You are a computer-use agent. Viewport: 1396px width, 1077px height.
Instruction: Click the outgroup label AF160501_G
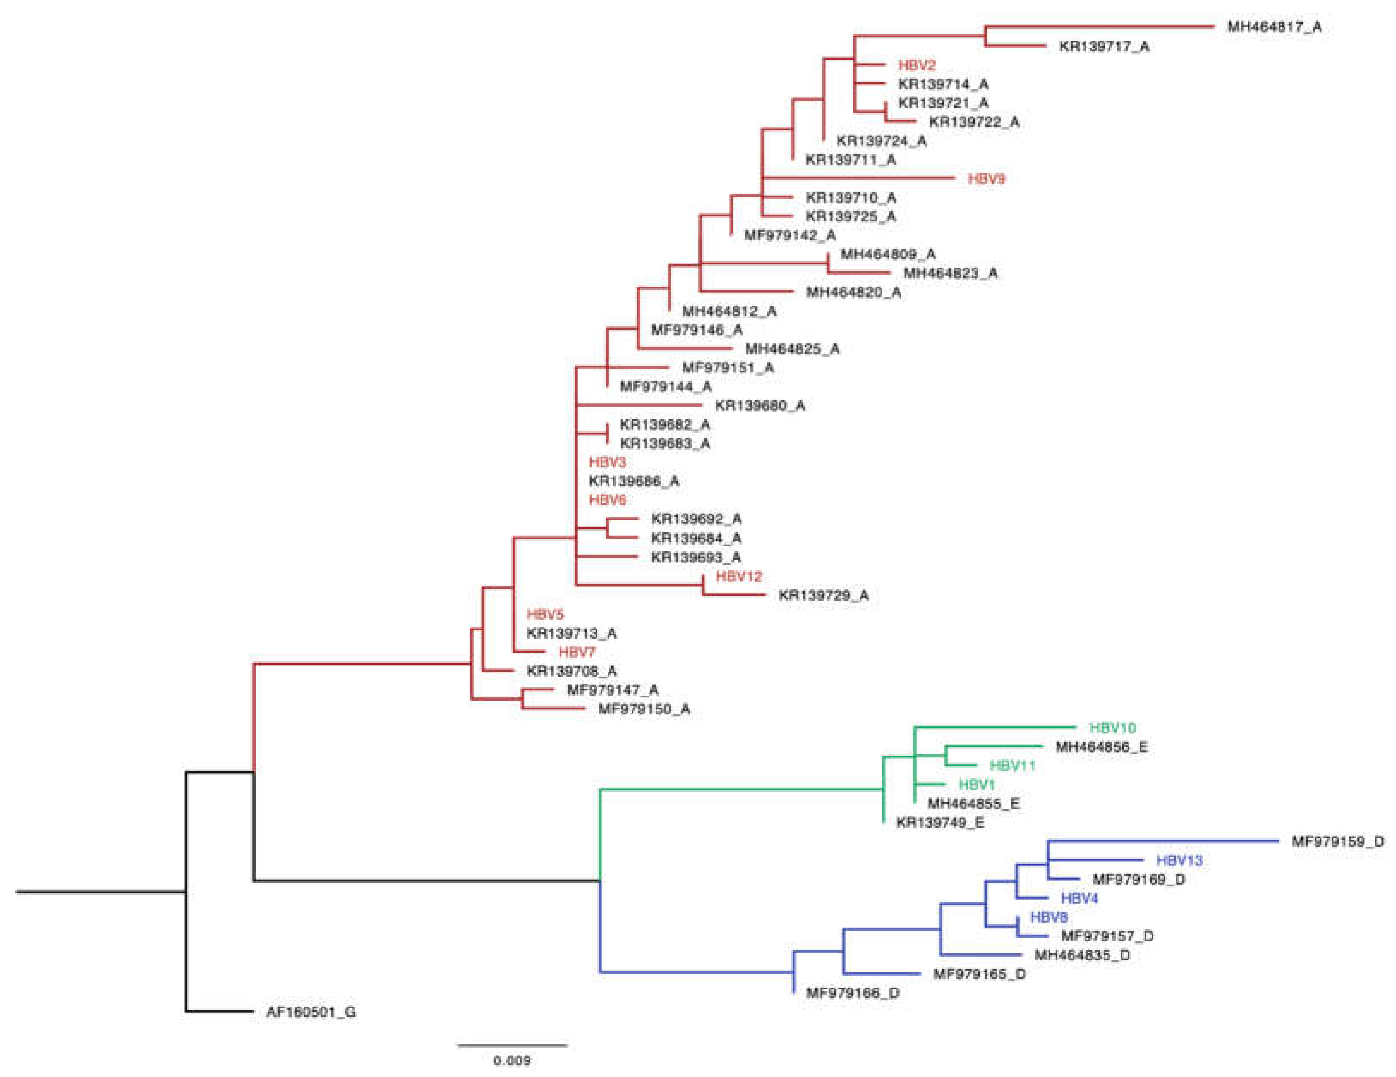click(311, 1012)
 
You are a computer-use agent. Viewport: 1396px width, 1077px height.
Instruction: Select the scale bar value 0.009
click(511, 1060)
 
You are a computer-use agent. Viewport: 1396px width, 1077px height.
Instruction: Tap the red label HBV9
click(986, 178)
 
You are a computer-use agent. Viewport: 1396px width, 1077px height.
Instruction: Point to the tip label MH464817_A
click(1274, 27)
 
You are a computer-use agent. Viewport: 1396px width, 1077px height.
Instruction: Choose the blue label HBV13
click(1179, 860)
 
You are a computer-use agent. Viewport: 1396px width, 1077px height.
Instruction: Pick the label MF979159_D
click(1337, 841)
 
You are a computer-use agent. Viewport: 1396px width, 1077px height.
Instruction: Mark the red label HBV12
click(739, 576)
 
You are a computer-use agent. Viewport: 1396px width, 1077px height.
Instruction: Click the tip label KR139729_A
click(823, 596)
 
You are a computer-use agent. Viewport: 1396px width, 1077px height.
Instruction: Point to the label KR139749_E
click(940, 823)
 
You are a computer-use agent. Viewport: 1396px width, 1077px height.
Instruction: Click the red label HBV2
click(917, 65)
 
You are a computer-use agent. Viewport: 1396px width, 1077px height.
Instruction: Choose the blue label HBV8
click(1048, 917)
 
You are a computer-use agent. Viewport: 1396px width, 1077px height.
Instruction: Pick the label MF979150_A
click(644, 708)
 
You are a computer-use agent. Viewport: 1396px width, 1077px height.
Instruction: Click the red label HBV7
click(577, 652)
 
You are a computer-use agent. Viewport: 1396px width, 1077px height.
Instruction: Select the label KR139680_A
click(759, 405)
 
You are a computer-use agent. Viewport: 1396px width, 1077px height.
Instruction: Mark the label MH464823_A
click(950, 273)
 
